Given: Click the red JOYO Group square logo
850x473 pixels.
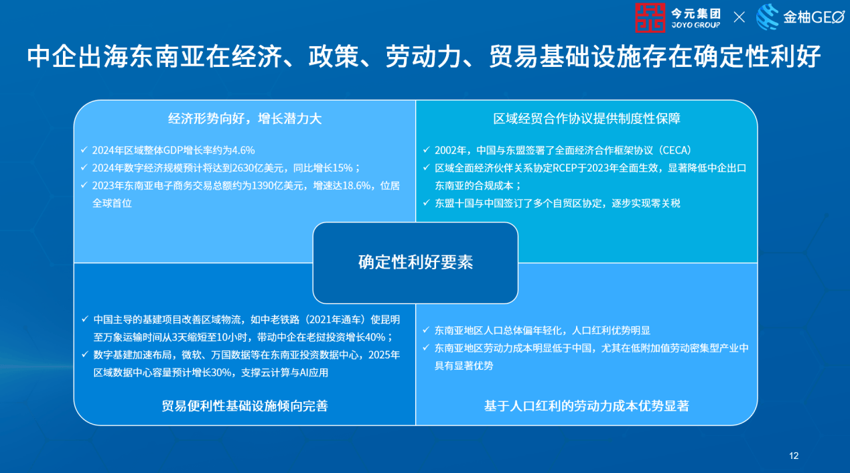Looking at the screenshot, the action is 650,18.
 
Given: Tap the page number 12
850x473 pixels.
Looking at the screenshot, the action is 794,456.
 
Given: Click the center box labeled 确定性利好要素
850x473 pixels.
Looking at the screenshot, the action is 415,263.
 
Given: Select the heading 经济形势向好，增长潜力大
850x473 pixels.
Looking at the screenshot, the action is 244,119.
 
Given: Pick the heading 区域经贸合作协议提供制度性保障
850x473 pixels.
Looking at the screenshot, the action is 587,119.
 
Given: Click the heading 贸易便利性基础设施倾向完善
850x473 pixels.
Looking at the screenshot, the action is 244,406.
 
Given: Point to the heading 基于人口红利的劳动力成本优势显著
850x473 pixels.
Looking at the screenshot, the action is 587,406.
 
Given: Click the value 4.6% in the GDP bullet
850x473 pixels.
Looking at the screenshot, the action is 243,150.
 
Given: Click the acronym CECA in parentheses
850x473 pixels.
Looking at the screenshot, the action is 675,150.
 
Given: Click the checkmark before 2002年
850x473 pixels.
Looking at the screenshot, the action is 426,149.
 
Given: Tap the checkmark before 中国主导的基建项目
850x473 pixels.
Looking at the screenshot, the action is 84,319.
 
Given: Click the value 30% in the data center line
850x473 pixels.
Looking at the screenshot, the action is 221,373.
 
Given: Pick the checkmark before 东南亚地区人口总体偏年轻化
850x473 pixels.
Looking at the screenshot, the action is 426,330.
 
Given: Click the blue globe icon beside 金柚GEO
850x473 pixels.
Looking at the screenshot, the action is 767,17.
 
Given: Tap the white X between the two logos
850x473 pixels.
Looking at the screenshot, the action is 739,17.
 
